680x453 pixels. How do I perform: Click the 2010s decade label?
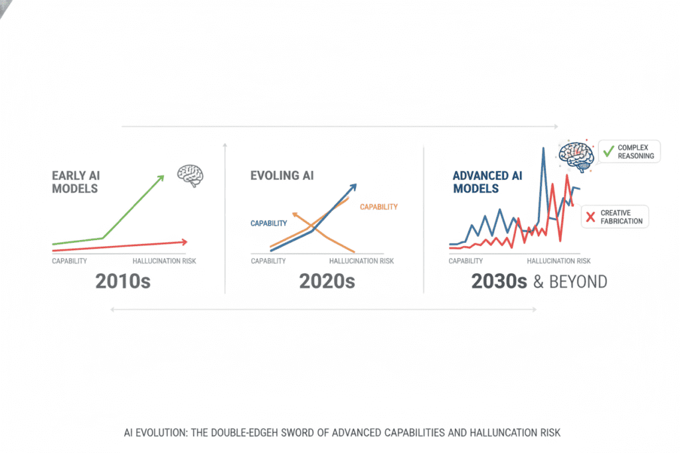point(123,281)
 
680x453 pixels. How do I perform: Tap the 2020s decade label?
point(327,281)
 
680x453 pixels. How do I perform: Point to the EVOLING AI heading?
point(282,176)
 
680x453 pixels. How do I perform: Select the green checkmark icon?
point(608,151)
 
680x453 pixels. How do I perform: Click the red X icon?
point(590,216)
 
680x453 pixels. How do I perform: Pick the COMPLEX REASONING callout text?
point(636,151)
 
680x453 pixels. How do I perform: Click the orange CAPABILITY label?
point(379,207)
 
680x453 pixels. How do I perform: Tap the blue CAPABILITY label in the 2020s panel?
point(268,224)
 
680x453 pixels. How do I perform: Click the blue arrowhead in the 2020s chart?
point(353,187)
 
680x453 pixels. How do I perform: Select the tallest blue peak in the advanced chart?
point(543,148)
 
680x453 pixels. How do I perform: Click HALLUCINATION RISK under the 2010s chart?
point(164,261)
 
